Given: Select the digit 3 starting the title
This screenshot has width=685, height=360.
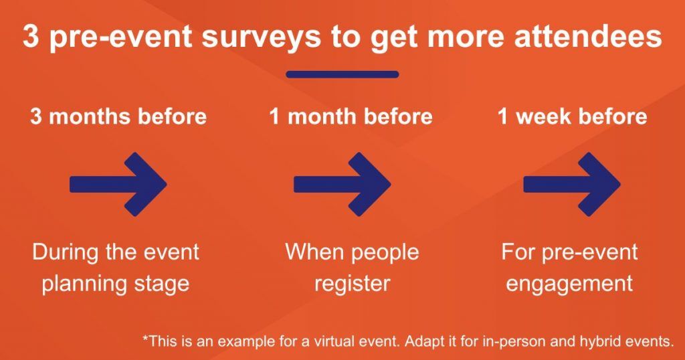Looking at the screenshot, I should point(31,37).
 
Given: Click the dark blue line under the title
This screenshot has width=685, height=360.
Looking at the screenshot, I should point(342,74).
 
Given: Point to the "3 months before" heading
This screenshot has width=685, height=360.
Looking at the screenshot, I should point(118,117).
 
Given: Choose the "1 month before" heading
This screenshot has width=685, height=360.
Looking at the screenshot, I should point(351,117).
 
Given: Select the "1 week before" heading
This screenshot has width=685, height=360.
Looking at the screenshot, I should point(572,117).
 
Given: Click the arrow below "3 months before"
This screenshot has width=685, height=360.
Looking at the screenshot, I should point(118,184).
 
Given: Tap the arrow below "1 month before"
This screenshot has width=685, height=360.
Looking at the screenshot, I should point(342,184).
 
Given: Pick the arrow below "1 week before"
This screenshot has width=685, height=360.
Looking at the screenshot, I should point(572,184).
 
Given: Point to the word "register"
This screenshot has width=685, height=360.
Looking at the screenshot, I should point(352,283).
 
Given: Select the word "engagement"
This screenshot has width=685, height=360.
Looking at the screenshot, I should point(569,283).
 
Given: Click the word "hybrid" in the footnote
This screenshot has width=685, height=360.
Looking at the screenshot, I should point(603,341).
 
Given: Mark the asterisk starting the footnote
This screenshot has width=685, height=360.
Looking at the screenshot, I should point(145,339).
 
